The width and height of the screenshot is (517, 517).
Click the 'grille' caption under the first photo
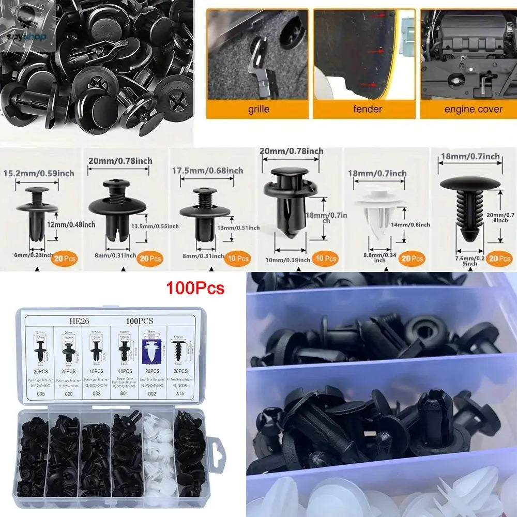[x=258, y=110]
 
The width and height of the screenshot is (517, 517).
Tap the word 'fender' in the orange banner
[x=368, y=109]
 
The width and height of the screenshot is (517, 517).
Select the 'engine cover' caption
[x=473, y=109]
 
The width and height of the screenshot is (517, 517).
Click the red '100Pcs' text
[x=195, y=288]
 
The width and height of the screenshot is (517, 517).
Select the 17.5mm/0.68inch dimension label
[x=207, y=171]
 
